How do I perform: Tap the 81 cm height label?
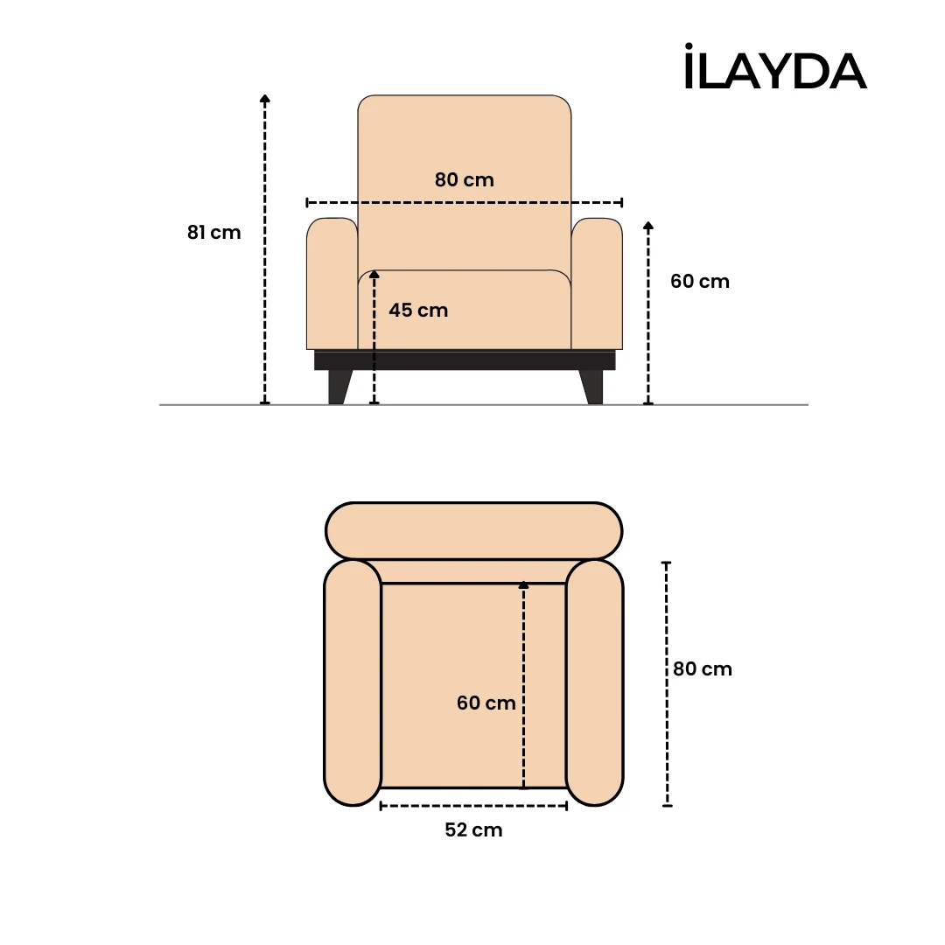(213, 233)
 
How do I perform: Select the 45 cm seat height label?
(418, 311)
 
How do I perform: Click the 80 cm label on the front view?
(464, 180)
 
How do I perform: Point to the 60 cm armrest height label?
(699, 282)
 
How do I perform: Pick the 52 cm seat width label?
(473, 830)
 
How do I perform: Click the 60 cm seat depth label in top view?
(486, 703)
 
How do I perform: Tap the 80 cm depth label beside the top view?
(702, 669)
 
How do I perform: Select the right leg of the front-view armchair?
(592, 386)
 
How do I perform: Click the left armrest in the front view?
(332, 284)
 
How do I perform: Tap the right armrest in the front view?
(597, 284)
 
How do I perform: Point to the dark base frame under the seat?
(465, 360)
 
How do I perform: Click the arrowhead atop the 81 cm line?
(265, 99)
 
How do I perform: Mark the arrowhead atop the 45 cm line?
(374, 275)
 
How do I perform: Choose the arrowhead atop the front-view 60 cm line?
(648, 226)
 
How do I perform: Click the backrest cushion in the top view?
(473, 530)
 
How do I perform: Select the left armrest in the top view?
(353, 682)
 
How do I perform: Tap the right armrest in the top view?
(594, 682)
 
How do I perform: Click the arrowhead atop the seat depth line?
(523, 584)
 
